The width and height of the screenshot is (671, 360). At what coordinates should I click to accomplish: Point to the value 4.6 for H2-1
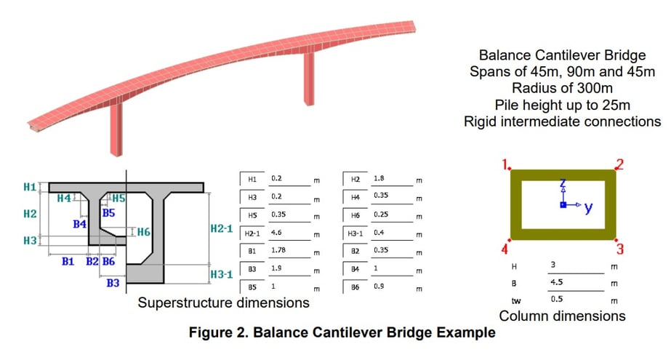(277, 232)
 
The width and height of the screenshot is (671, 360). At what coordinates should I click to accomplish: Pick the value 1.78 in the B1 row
(278, 251)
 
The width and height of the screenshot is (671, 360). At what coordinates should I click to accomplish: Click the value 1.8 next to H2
(379, 177)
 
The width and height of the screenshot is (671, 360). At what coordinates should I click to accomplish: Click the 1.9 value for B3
(276, 269)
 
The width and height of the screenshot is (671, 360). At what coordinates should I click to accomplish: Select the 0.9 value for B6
(379, 287)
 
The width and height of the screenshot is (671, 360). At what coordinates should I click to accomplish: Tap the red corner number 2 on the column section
(620, 164)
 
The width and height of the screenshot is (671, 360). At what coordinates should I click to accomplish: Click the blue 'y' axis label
(588, 208)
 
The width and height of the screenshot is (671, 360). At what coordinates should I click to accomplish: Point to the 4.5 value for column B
(556, 282)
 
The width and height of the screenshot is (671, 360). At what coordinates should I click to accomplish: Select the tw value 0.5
(556, 299)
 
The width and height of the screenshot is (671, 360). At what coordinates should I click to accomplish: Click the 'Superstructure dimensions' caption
(223, 302)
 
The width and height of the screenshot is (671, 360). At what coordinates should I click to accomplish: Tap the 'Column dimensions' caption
(562, 316)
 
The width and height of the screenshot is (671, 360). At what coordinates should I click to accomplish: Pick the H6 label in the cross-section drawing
(143, 232)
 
